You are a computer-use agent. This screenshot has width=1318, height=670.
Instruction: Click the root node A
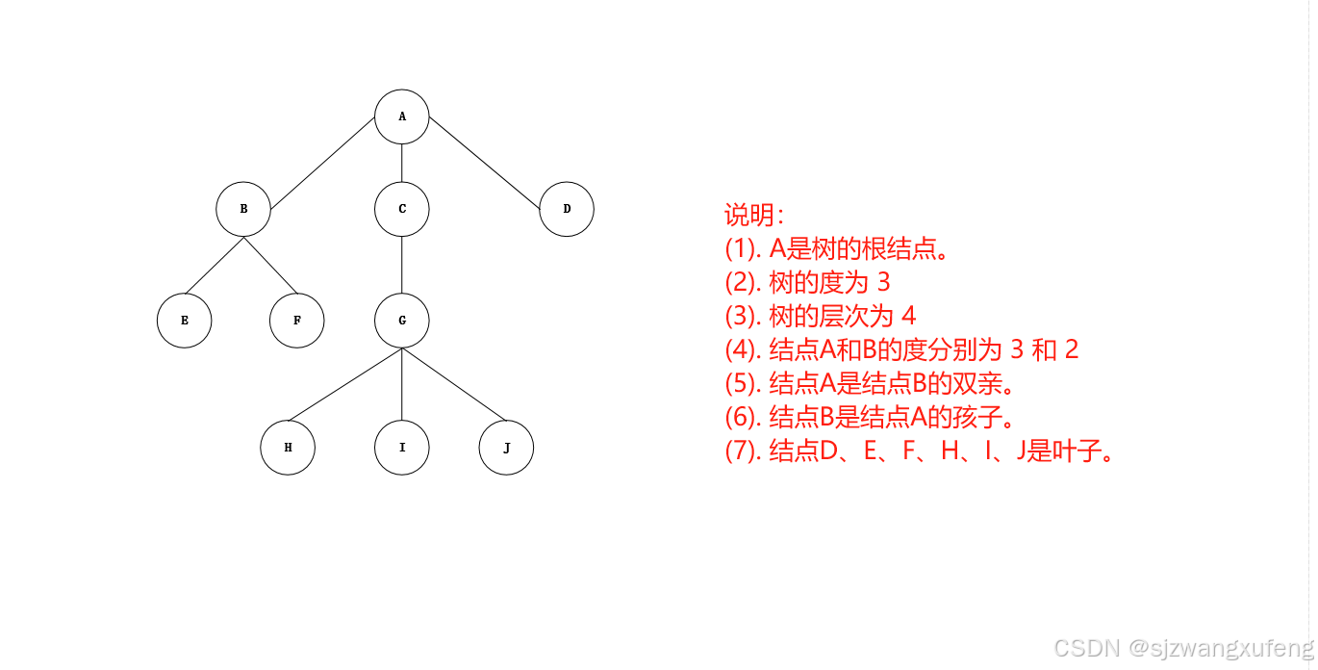(x=402, y=116)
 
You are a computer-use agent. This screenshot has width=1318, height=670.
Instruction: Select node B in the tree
(x=243, y=208)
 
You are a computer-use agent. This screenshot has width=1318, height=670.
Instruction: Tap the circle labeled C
(x=402, y=208)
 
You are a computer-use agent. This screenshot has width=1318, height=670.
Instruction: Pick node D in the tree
(x=567, y=208)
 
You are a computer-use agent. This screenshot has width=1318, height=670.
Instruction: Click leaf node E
(x=184, y=320)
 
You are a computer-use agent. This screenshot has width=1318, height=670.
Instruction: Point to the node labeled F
(x=296, y=320)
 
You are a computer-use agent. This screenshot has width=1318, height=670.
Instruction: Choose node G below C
(x=402, y=320)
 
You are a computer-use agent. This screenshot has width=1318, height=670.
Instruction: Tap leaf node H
(x=288, y=448)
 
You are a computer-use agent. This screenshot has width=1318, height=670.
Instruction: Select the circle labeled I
(x=402, y=448)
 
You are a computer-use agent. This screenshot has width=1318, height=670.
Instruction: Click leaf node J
(x=506, y=448)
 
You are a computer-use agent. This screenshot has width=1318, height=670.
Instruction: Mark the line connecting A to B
(x=322, y=163)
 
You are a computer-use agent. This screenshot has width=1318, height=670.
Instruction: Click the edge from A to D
(x=483, y=163)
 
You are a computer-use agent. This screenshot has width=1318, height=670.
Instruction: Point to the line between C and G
(x=402, y=264)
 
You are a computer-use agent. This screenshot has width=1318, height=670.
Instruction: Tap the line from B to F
(x=269, y=265)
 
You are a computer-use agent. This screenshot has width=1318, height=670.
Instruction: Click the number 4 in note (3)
(x=908, y=316)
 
